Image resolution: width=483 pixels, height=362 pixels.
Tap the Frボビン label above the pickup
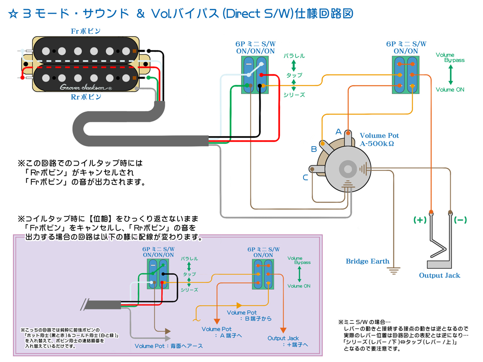[x=86, y=31]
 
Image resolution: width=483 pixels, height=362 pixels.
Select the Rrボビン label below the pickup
[x=86, y=97]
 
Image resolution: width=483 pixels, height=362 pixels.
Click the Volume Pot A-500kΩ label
[x=379, y=139]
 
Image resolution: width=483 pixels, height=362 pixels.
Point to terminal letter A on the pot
[x=339, y=132]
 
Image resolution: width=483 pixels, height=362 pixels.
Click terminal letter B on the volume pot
[x=314, y=149]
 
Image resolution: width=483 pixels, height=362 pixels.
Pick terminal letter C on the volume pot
[x=306, y=177]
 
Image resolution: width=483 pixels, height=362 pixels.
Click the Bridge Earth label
[x=367, y=261]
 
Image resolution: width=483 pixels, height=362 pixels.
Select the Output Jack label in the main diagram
[x=440, y=276]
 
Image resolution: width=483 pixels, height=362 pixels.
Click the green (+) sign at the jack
[x=419, y=220]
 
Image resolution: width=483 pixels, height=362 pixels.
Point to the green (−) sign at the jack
[x=460, y=220]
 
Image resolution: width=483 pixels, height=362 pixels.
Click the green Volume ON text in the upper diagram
[x=450, y=90]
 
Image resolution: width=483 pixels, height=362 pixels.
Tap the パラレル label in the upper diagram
[x=294, y=56]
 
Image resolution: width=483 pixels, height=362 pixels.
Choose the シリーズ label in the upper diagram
[x=294, y=95]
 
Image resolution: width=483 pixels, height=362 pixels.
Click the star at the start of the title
[x=13, y=14]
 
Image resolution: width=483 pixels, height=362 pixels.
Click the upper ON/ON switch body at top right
[x=406, y=75]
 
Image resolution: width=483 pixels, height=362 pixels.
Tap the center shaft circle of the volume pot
[x=345, y=169]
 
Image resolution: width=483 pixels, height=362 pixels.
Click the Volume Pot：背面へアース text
[x=169, y=346]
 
